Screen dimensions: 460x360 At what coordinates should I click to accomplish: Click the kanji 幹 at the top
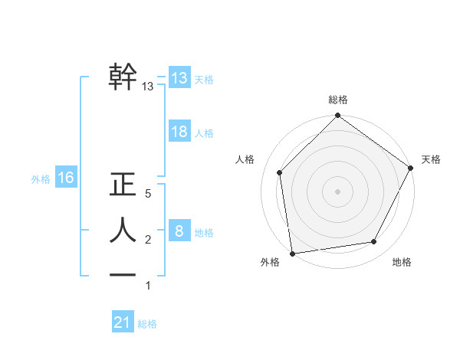click(123, 77)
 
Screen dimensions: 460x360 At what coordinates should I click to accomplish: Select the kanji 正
click(123, 185)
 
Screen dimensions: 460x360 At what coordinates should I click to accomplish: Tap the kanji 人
click(123, 230)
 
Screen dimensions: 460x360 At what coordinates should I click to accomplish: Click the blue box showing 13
click(179, 78)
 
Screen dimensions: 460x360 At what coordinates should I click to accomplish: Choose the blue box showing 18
click(179, 132)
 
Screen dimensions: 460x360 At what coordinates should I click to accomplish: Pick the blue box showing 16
click(65, 178)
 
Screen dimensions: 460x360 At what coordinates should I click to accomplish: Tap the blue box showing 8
click(179, 231)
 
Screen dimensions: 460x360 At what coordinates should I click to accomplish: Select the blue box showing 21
click(122, 322)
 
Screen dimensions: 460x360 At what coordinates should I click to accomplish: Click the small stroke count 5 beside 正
click(148, 195)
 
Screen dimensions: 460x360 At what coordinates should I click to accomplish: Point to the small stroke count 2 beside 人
click(148, 240)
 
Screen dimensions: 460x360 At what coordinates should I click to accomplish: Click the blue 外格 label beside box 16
click(41, 179)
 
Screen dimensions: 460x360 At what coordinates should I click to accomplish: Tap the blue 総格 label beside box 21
click(147, 324)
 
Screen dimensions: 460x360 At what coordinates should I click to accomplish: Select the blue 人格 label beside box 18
click(204, 133)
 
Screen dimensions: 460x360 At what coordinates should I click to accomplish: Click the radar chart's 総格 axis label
click(338, 100)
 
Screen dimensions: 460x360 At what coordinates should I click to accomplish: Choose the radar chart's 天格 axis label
click(431, 159)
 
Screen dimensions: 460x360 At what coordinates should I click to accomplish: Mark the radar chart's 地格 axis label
click(402, 263)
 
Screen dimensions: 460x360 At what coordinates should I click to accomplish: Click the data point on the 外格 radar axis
click(292, 253)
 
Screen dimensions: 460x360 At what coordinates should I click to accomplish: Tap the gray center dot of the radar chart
click(337, 191)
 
